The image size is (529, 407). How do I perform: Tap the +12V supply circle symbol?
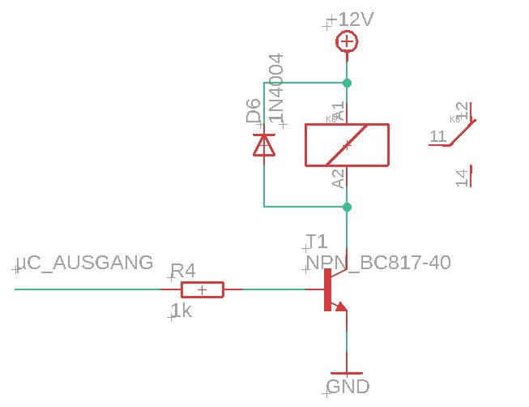(x=347, y=42)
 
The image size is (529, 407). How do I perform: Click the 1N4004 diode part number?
(x=277, y=89)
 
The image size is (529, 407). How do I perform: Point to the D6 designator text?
(x=254, y=111)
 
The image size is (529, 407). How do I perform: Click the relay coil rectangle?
(x=347, y=145)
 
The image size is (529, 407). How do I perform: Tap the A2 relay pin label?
(x=339, y=178)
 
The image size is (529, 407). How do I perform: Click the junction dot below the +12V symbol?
(x=347, y=83)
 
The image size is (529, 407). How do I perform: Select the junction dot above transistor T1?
(x=347, y=207)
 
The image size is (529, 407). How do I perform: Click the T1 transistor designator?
(x=316, y=242)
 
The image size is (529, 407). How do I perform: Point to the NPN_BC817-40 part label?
(x=378, y=263)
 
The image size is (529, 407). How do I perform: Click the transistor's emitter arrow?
(x=339, y=306)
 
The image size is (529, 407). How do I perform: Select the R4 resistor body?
(x=202, y=289)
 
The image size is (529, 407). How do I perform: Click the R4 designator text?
(x=182, y=271)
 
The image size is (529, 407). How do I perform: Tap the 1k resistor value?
(x=181, y=310)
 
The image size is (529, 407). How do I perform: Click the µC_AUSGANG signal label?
(x=85, y=263)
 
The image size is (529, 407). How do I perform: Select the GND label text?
(x=348, y=386)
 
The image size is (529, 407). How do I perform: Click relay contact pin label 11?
(x=438, y=136)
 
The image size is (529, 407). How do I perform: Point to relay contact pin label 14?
(x=462, y=178)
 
